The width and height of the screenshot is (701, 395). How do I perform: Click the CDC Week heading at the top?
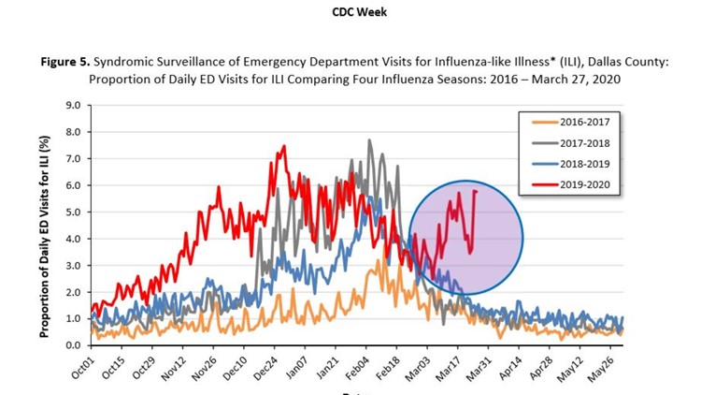[350, 12]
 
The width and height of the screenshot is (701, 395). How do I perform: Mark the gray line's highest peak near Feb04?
[369, 140]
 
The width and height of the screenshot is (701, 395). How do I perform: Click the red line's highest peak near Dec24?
[283, 146]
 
